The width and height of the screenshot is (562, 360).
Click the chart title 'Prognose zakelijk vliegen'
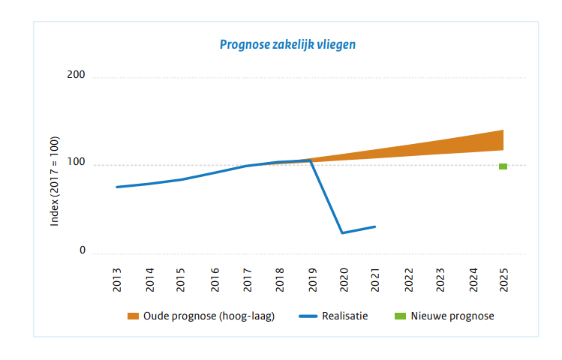(287, 44)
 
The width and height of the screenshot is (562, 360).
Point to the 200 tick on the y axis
(76, 76)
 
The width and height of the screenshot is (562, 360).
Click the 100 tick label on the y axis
(76, 163)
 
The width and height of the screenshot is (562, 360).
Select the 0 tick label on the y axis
(83, 251)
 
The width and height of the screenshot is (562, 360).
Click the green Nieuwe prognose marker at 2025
(503, 166)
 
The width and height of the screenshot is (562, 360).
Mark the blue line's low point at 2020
(343, 232)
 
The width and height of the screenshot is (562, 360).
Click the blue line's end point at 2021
(375, 226)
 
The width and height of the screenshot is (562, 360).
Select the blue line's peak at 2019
(311, 160)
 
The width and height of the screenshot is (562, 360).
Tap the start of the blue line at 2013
(117, 187)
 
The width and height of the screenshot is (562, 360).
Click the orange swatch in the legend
(134, 316)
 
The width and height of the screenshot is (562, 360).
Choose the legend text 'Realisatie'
(344, 316)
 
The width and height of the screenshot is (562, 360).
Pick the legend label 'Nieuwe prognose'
(457, 316)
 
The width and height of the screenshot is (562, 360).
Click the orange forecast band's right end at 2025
(502, 140)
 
